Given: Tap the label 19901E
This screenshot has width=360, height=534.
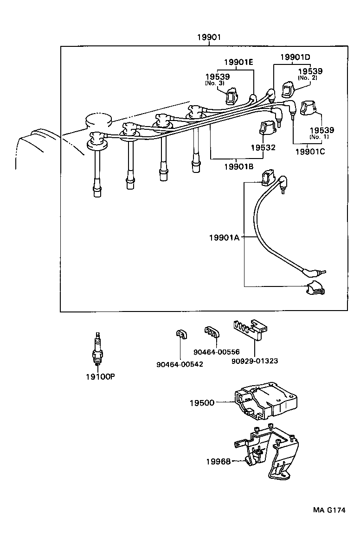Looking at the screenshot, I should click(x=238, y=62).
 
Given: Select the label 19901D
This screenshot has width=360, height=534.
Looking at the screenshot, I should click(x=295, y=57).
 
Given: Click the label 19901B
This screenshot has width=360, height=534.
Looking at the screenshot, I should click(x=238, y=166).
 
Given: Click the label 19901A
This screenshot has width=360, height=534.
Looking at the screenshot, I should click(x=224, y=238).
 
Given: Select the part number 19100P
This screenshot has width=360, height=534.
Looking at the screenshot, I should click(x=99, y=376).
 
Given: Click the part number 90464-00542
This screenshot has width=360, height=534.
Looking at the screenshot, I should click(x=180, y=364).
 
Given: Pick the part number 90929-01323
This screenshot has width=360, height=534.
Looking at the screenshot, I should click(x=254, y=361).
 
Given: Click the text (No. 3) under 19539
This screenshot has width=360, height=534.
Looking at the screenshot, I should click(x=214, y=83).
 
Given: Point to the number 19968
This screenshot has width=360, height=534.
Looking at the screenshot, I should click(x=218, y=461).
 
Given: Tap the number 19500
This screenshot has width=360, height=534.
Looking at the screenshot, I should click(x=202, y=403).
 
